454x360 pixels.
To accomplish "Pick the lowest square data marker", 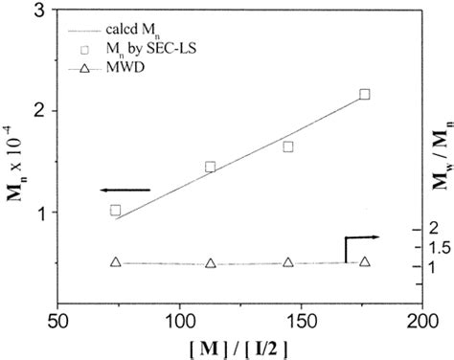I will pos(115,210).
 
